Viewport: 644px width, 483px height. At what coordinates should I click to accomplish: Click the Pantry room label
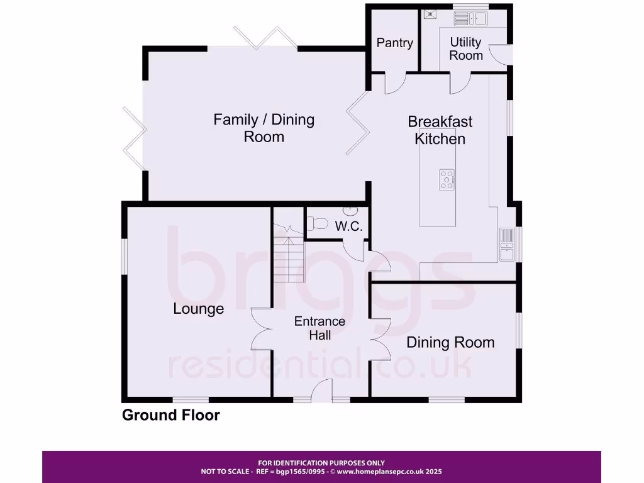pyautogui.click(x=394, y=43)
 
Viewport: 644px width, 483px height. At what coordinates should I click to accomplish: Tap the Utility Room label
pyautogui.click(x=465, y=48)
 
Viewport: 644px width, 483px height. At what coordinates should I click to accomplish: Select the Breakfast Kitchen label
pyautogui.click(x=440, y=130)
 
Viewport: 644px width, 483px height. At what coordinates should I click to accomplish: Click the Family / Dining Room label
pyautogui.click(x=264, y=128)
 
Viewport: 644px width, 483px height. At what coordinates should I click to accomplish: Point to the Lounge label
pyautogui.click(x=198, y=309)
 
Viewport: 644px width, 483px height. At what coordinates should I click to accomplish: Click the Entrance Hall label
pyautogui.click(x=319, y=328)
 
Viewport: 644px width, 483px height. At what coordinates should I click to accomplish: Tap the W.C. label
pyautogui.click(x=348, y=226)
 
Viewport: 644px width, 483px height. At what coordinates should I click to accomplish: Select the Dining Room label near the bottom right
pyautogui.click(x=450, y=343)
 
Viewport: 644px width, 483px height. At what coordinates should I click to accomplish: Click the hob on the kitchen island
pyautogui.click(x=448, y=179)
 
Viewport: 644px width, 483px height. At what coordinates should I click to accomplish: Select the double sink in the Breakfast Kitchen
pyautogui.click(x=507, y=245)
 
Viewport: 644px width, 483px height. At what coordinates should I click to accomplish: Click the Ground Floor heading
pyautogui.click(x=170, y=415)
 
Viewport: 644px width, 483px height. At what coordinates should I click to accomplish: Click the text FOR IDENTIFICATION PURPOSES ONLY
pyautogui.click(x=321, y=463)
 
